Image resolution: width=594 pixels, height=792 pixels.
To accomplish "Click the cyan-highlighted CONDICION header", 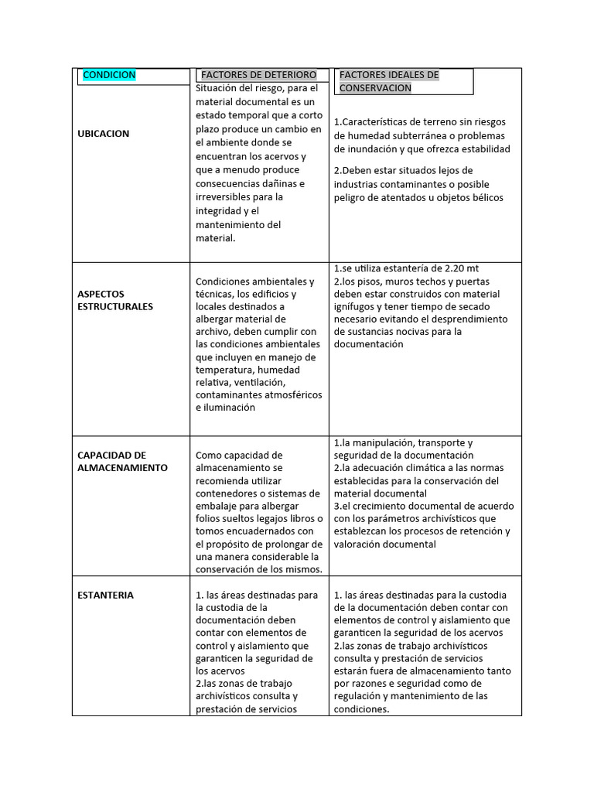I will [109, 75].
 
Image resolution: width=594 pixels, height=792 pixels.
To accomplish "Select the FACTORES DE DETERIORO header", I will [258, 75].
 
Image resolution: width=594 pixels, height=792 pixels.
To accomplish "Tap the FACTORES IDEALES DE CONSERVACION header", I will [389, 81].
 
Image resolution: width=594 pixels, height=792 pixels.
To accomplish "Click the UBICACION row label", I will [104, 134].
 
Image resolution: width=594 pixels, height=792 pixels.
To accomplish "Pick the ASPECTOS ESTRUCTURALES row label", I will [115, 300].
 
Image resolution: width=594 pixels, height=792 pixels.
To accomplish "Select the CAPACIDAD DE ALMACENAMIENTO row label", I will [122, 461].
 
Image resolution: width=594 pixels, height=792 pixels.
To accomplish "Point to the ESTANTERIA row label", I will [105, 595].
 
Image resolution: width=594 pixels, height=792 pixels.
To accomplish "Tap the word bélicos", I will [484, 197].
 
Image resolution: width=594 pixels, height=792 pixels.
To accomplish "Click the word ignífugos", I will [357, 306].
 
